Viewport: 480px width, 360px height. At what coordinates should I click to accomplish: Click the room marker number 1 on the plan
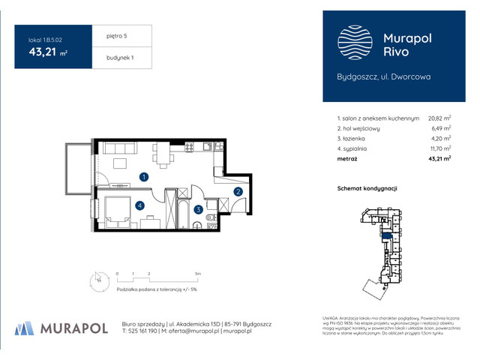144,177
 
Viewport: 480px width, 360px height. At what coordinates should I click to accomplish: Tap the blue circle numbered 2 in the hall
238,192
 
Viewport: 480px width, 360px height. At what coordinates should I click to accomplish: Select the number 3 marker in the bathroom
197,210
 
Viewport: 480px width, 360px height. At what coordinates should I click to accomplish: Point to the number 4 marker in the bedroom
139,205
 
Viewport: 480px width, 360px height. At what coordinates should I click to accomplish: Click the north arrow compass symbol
97,280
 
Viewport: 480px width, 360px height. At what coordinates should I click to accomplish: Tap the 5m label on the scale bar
197,274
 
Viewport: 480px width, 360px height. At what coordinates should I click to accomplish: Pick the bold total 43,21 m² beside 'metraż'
439,160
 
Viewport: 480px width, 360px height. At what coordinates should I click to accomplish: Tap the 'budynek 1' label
120,58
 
